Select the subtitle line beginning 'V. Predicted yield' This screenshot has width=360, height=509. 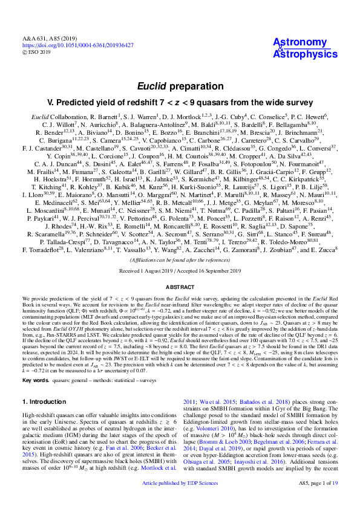pyautogui.click(x=180, y=102)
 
